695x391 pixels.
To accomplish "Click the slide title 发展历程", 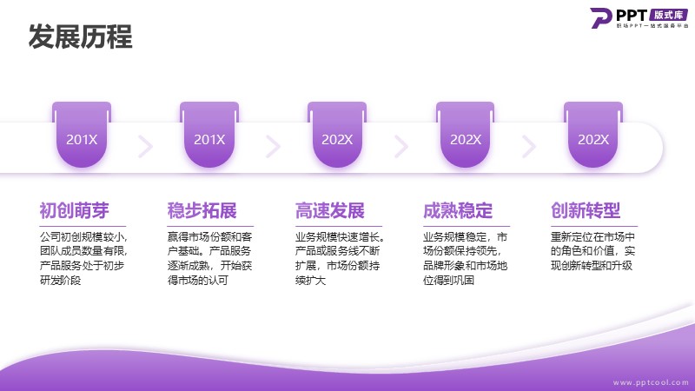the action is [x=80, y=36].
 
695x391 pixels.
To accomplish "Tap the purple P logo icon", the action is [x=600, y=17].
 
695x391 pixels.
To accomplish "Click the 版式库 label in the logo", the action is [x=668, y=15].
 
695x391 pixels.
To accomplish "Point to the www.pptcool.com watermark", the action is [x=651, y=382].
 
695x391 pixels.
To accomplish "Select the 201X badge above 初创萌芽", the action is [x=82, y=135].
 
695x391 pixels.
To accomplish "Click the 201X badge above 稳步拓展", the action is [x=209, y=135].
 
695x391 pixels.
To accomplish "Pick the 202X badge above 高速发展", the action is [x=337, y=135].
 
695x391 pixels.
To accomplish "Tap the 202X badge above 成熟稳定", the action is [x=465, y=135].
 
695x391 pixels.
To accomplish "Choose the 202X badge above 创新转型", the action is [x=593, y=135].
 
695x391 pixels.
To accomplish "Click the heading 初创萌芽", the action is [x=75, y=210].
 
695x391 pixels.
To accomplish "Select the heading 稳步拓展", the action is [x=202, y=210].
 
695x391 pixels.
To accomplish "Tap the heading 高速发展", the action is [x=330, y=210].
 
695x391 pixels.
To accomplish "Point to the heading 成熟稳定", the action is [x=458, y=210].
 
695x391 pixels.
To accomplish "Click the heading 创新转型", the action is [x=586, y=210].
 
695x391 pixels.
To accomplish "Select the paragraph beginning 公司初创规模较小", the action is [x=83, y=258].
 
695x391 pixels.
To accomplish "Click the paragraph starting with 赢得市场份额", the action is [x=209, y=258].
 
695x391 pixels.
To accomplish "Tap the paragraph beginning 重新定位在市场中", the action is [x=592, y=251].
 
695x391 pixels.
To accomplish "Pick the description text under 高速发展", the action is [x=340, y=258].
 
